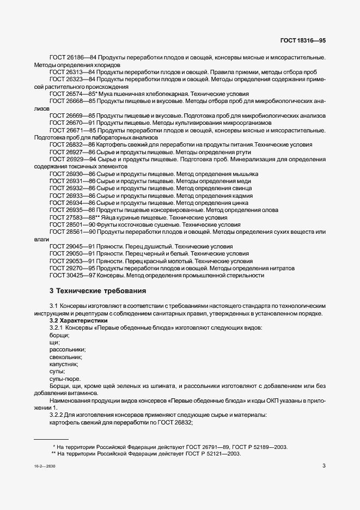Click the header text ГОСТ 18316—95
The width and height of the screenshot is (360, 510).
click(303, 41)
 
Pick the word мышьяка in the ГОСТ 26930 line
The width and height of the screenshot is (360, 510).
click(245, 174)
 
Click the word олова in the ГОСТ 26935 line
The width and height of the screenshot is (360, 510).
click(269, 210)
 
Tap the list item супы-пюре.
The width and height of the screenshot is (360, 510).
click(65, 379)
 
